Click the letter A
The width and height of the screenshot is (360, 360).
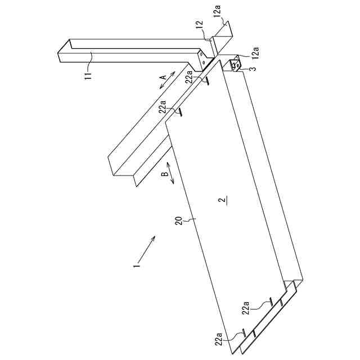[x=163, y=76]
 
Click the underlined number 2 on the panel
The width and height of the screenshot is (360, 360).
[x=223, y=199]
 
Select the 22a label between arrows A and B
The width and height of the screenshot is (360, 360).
[x=163, y=107]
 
